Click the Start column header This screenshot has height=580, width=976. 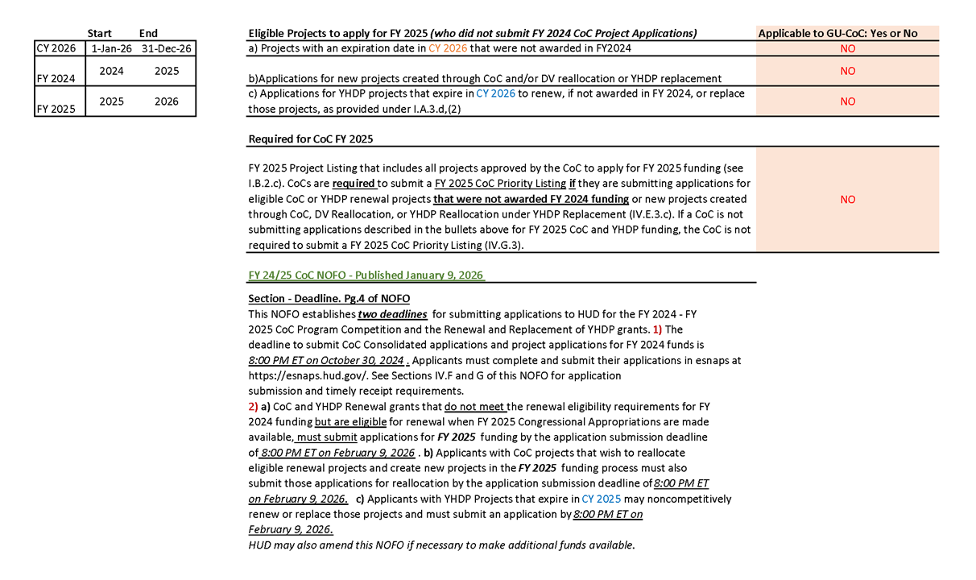click(x=99, y=34)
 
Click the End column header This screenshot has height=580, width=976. click(x=148, y=34)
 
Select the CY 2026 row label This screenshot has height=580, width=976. click(x=56, y=48)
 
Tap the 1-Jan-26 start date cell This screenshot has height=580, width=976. click(x=110, y=48)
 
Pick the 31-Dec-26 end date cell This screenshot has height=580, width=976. click(x=166, y=48)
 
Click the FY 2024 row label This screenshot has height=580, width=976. click(x=56, y=79)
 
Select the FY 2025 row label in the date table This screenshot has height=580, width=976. click(x=56, y=109)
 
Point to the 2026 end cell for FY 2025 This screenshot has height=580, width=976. click(x=167, y=102)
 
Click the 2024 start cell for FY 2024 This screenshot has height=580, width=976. click(x=111, y=71)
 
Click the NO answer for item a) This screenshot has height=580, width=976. click(x=847, y=48)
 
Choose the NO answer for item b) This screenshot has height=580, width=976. click(x=847, y=71)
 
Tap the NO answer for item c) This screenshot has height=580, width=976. click(x=847, y=101)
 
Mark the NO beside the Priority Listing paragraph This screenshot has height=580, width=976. click(x=847, y=199)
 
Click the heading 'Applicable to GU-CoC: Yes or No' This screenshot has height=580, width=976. click(x=837, y=34)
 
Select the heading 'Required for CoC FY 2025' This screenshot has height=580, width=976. click(x=311, y=139)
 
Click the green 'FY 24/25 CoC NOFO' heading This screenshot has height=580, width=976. click(x=366, y=275)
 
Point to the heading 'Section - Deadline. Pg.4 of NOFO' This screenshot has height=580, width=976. click(x=329, y=299)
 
